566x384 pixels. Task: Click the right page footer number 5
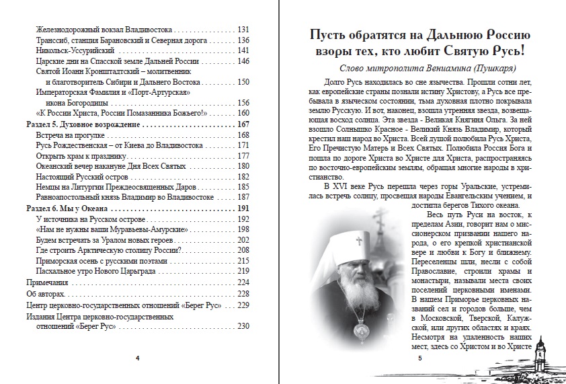click(419, 358)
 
